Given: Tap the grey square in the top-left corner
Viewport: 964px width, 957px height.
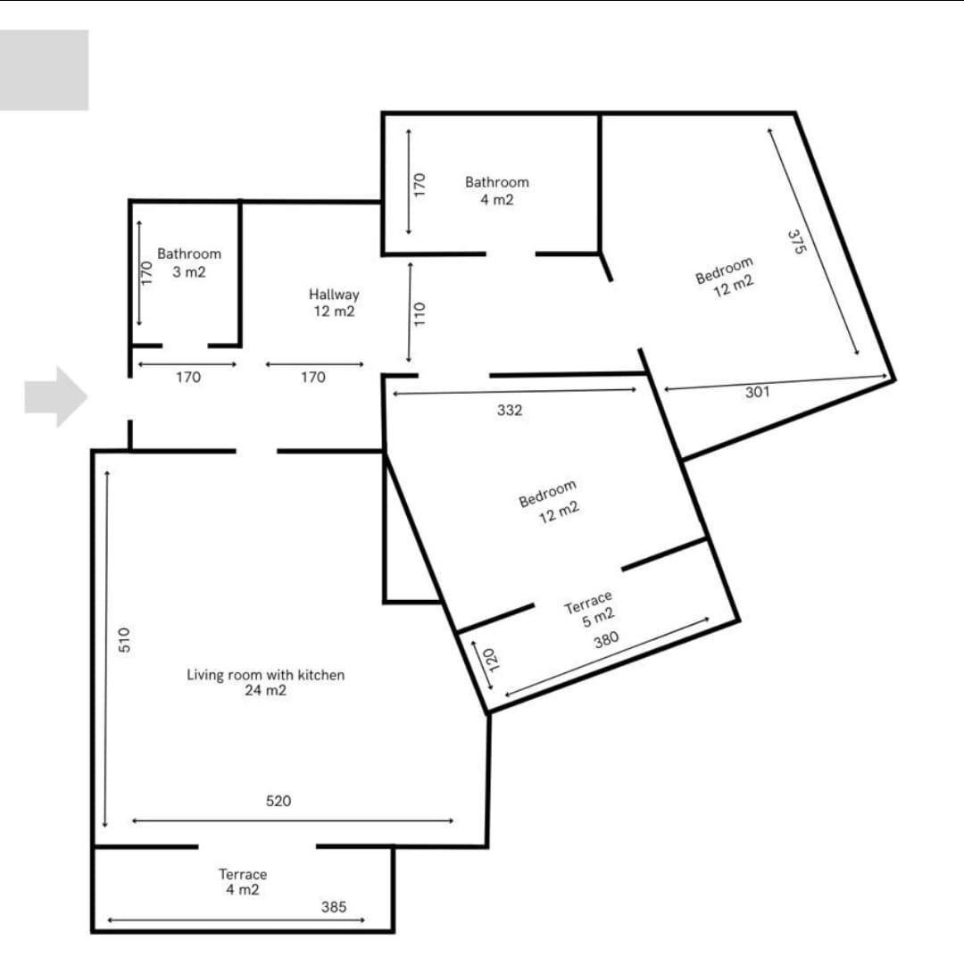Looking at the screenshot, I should click(44, 70).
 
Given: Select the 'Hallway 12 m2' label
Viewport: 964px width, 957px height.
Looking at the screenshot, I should click(334, 303).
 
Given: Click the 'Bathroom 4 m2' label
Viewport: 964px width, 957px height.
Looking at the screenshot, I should click(496, 191).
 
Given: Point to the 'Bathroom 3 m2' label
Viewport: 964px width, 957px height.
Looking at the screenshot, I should click(188, 262).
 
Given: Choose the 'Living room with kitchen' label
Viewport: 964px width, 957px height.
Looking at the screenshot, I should click(265, 682).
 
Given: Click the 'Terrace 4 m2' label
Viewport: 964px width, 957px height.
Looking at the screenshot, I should click(243, 882).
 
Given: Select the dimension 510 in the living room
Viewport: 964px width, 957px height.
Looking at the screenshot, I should click(125, 639).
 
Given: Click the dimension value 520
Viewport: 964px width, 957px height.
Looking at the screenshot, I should click(278, 802).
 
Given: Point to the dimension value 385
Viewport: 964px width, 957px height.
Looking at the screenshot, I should click(333, 906).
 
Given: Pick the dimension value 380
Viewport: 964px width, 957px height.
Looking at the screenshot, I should click(606, 640).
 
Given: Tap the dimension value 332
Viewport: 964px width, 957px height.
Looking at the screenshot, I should click(510, 411).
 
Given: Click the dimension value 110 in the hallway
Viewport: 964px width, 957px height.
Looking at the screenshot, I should click(420, 312).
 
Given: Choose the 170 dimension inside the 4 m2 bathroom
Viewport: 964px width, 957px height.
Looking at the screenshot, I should click(420, 184).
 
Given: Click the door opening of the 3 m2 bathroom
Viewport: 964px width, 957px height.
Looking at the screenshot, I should click(185, 345).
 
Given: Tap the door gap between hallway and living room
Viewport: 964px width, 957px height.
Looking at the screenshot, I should click(256, 451).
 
